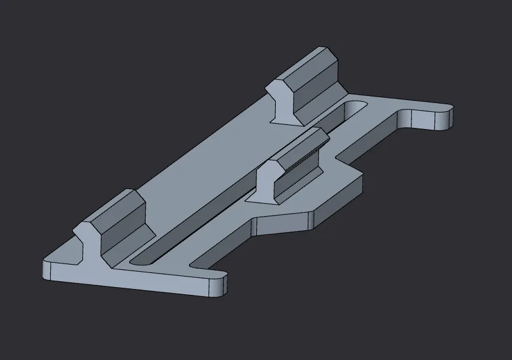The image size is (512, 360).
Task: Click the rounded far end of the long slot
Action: (356, 108)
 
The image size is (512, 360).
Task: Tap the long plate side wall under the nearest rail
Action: (130, 284)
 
